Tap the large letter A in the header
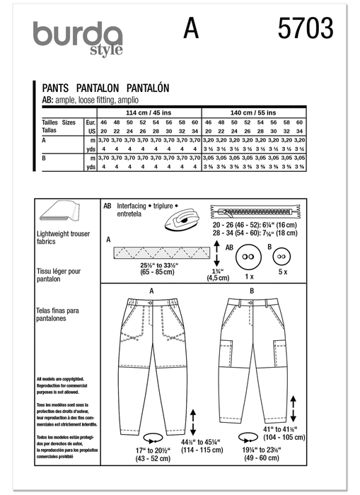pos(191,30)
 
